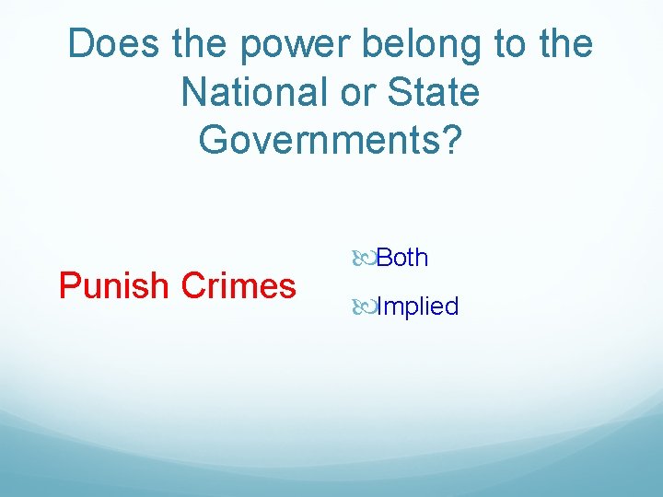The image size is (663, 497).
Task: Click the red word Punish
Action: pyautogui.click(x=116, y=286)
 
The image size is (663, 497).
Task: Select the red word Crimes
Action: pyautogui.click(x=239, y=286)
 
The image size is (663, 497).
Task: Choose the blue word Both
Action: pyautogui.click(x=402, y=258)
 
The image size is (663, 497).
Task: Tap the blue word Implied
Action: pyautogui.click(x=417, y=306)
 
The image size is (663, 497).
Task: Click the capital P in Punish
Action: pyautogui.click(x=68, y=286)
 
